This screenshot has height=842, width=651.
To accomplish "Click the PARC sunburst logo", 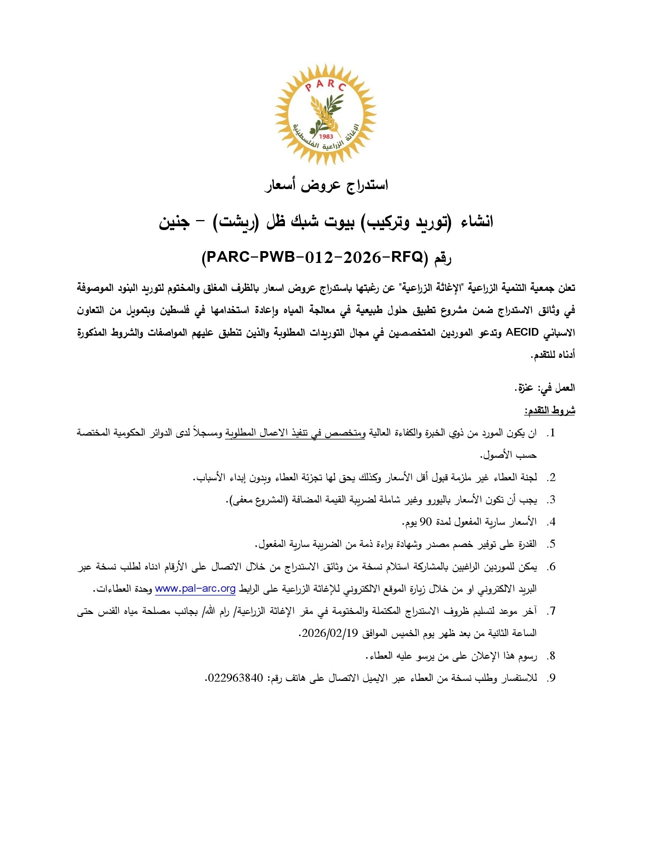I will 325,114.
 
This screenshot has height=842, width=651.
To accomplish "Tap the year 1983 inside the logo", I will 326,136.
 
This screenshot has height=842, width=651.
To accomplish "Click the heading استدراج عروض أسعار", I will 326,186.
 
